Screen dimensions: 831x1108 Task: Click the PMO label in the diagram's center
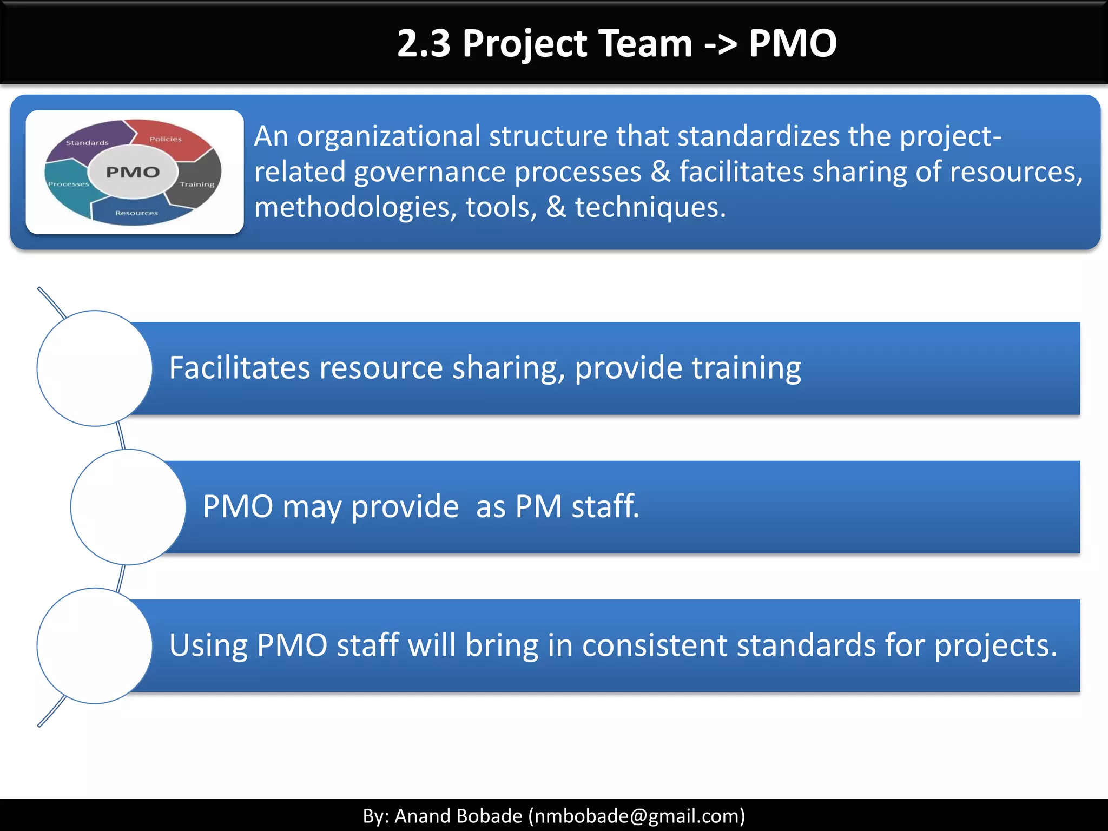tap(133, 172)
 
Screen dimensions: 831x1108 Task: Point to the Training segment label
tap(197, 184)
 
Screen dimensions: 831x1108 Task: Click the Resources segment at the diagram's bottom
tap(136, 213)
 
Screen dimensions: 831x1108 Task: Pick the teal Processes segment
tap(68, 184)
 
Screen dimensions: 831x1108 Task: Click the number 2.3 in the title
tap(424, 43)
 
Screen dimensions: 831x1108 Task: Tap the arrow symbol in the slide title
tap(720, 43)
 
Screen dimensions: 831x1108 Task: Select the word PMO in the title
tap(793, 43)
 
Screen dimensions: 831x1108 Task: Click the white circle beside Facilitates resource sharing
tap(95, 368)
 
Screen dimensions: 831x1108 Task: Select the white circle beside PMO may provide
tap(128, 507)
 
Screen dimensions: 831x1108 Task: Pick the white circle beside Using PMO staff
tap(95, 645)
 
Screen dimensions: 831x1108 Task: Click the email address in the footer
tap(637, 816)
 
